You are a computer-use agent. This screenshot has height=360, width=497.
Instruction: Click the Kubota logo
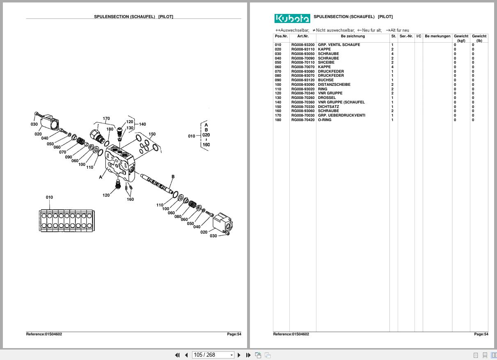click(292, 18)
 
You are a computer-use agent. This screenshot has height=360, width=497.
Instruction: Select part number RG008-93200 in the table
click(303, 45)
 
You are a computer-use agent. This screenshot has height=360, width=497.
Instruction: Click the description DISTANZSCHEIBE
click(334, 85)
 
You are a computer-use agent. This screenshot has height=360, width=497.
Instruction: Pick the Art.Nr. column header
click(302, 36)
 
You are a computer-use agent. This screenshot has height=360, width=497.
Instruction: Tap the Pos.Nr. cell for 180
click(278, 120)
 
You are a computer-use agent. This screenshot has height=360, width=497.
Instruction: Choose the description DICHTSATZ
click(328, 107)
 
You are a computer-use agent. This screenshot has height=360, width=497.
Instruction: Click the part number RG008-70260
click(303, 98)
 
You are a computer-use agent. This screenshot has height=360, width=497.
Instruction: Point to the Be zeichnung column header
click(353, 36)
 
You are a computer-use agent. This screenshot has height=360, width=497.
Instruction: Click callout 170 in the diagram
click(106, 119)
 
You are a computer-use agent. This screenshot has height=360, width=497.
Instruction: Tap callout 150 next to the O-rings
click(152, 134)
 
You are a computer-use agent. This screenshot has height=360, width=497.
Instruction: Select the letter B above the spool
click(173, 177)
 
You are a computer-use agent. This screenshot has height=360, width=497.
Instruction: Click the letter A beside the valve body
click(101, 177)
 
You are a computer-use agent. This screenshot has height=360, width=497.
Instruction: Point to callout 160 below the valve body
click(130, 199)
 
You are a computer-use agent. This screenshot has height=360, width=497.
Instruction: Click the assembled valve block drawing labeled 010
click(66, 221)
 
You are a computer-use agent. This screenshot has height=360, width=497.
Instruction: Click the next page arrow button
click(239, 355)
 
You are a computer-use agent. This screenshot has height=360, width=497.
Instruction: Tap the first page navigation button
click(177, 355)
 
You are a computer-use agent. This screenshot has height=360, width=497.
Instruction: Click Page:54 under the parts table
click(481, 334)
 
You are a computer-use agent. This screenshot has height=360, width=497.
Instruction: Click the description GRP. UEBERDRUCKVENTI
click(341, 115)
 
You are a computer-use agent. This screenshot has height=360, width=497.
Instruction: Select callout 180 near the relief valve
click(110, 129)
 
